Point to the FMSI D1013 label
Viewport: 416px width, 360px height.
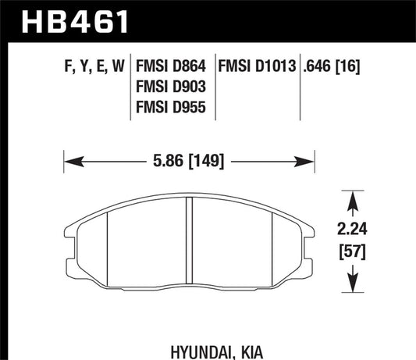(258, 69)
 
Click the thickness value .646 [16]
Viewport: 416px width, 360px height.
(337, 69)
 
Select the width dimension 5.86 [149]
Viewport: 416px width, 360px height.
(188, 162)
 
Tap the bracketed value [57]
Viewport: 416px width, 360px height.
(355, 254)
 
